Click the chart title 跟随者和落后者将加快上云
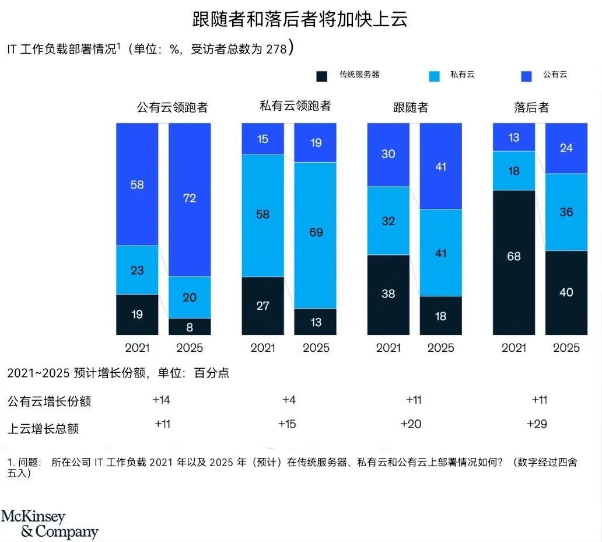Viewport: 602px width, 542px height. (x=300, y=19)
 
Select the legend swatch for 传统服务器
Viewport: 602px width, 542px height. (x=321, y=76)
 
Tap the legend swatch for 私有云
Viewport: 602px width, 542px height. (x=434, y=76)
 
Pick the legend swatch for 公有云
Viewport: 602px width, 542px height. (x=527, y=76)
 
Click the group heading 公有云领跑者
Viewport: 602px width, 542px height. (x=172, y=107)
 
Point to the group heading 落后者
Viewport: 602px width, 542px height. (x=531, y=107)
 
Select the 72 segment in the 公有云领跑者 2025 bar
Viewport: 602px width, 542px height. (x=190, y=199)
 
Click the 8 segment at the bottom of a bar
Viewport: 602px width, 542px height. (x=190, y=327)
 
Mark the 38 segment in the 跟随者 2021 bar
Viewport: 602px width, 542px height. (x=388, y=294)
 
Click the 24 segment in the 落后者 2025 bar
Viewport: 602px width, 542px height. (x=566, y=148)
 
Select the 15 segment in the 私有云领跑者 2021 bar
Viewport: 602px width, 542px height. (x=262, y=139)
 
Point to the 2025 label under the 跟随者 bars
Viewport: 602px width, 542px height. (x=440, y=348)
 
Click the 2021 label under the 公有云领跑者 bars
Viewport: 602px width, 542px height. (x=137, y=348)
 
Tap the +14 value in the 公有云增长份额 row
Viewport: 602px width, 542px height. (x=162, y=400)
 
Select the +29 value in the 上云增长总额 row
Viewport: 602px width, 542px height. (x=537, y=424)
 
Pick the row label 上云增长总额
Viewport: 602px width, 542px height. (x=43, y=429)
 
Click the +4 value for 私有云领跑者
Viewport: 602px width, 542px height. (x=289, y=400)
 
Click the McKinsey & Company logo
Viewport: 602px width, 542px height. (x=50, y=524)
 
